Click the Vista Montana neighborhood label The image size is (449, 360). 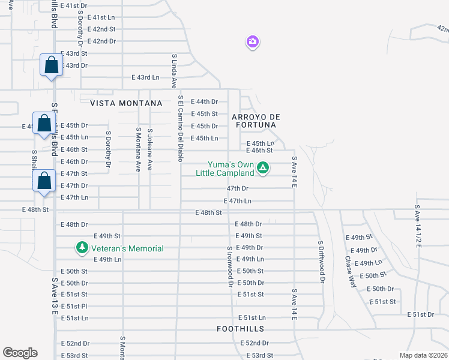pos(126,103)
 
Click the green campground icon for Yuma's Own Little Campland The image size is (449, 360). pos(262,167)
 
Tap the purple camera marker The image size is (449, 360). pos(253,42)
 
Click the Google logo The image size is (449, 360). pos(20,353)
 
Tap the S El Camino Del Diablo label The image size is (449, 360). pos(179,128)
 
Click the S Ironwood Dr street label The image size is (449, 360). pos(230,266)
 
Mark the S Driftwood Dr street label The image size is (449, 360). pos(321,262)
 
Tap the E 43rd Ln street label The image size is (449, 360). pos(146,77)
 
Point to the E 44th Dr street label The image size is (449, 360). pos(204,102)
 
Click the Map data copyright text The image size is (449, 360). pos(424,355)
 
